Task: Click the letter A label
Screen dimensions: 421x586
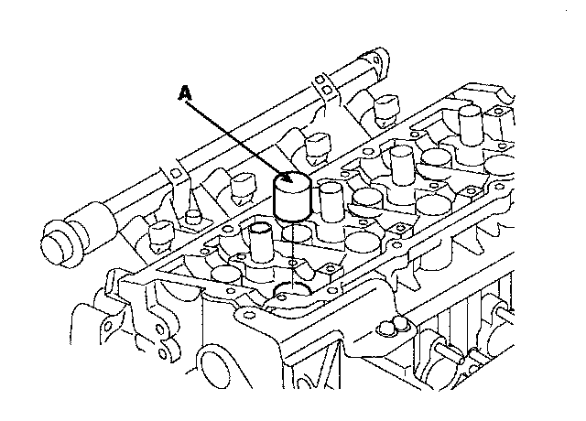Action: (x=185, y=92)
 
